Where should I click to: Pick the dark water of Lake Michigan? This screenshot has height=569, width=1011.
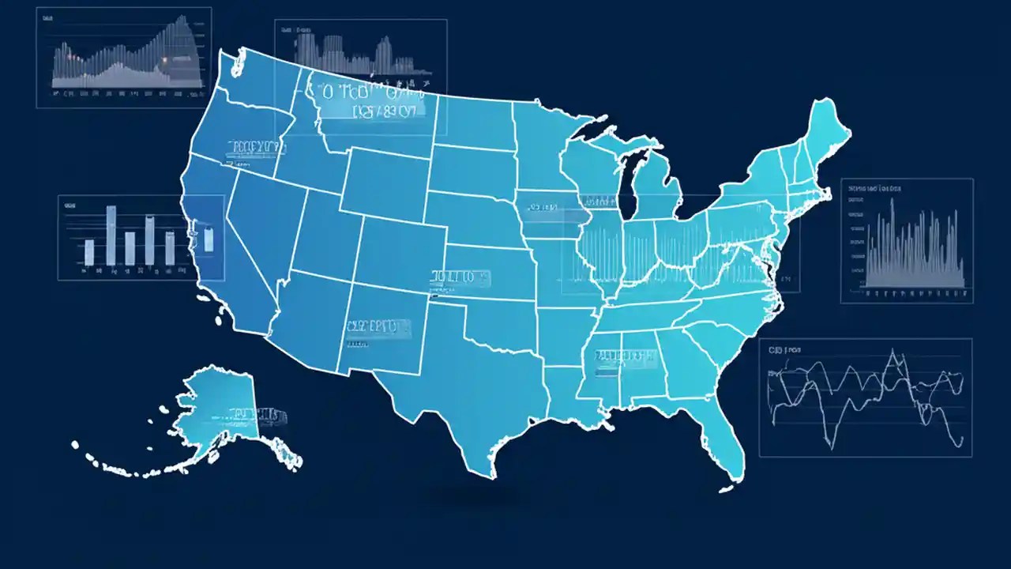pyautogui.click(x=629, y=182)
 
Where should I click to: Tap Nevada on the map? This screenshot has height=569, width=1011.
pyautogui.click(x=265, y=229)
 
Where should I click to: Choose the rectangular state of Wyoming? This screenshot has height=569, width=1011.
pyautogui.click(x=387, y=182)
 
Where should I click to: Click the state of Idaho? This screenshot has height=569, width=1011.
pyautogui.click(x=312, y=158)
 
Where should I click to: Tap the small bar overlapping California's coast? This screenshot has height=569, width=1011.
pyautogui.click(x=209, y=239)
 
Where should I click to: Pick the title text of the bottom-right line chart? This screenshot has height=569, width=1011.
pyautogui.click(x=785, y=349)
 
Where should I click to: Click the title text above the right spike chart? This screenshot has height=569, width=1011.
pyautogui.click(x=875, y=189)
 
